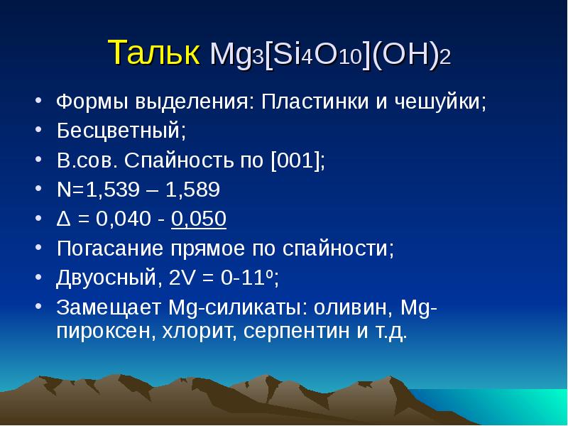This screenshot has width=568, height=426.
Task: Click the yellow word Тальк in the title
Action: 153,52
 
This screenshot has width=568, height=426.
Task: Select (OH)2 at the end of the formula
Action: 411,55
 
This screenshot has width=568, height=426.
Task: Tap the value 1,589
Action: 192,190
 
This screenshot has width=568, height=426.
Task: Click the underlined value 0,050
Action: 199,219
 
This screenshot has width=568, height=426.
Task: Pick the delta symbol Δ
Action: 63,219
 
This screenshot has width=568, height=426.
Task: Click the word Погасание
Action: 110,248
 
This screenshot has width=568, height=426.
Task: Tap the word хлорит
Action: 200,331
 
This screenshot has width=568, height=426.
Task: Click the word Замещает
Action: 109,307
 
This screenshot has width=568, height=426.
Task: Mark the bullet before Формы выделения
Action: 39,99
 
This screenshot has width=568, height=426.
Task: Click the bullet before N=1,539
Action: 39,188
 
